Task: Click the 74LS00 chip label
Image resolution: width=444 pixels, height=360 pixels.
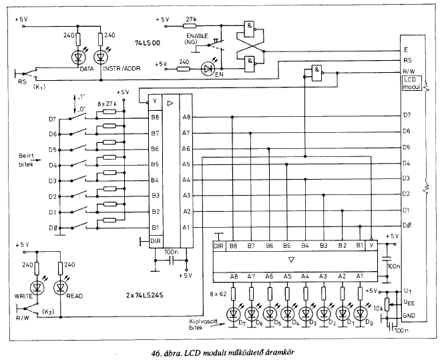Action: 148,43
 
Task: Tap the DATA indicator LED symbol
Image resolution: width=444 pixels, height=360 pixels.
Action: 78,57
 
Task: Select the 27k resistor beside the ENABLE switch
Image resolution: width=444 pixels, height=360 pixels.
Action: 190,26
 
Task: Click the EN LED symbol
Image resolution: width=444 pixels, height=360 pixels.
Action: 208,69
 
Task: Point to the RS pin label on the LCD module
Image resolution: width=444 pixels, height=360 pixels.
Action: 407,60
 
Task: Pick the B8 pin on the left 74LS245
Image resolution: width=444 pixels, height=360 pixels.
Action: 155,117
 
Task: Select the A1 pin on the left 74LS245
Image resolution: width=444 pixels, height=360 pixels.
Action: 186,227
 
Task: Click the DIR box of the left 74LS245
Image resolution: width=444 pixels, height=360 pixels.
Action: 156,241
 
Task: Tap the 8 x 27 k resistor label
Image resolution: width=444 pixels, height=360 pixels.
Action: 107,104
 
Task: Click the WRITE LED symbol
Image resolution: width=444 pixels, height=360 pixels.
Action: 37,288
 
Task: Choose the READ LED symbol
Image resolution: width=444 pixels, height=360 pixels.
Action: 60,288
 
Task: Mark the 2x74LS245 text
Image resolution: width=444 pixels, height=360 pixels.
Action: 144,295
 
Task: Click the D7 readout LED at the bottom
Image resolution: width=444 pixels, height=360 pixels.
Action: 233,313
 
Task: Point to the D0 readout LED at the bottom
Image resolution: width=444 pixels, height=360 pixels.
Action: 360,313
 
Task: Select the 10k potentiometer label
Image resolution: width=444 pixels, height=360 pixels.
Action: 379,308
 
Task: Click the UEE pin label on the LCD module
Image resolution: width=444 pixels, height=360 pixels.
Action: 409,303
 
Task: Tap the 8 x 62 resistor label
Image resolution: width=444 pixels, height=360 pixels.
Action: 218,294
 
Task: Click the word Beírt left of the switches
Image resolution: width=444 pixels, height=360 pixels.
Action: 26,156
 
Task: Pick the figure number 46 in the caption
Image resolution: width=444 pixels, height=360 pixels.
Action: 156,353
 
